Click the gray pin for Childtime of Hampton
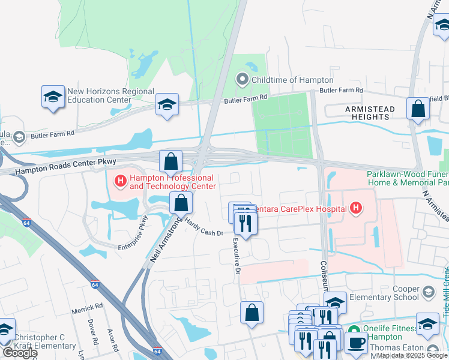(243, 79)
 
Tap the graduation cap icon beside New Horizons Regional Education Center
(53, 97)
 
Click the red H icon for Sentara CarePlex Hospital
(356, 208)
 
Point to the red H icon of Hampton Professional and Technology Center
(120, 179)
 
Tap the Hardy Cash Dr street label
(203, 229)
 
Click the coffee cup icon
(356, 343)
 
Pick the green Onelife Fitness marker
(354, 329)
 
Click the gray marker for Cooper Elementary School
(428, 292)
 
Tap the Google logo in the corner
(20, 353)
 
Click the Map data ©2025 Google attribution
(412, 355)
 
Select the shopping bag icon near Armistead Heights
(418, 109)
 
